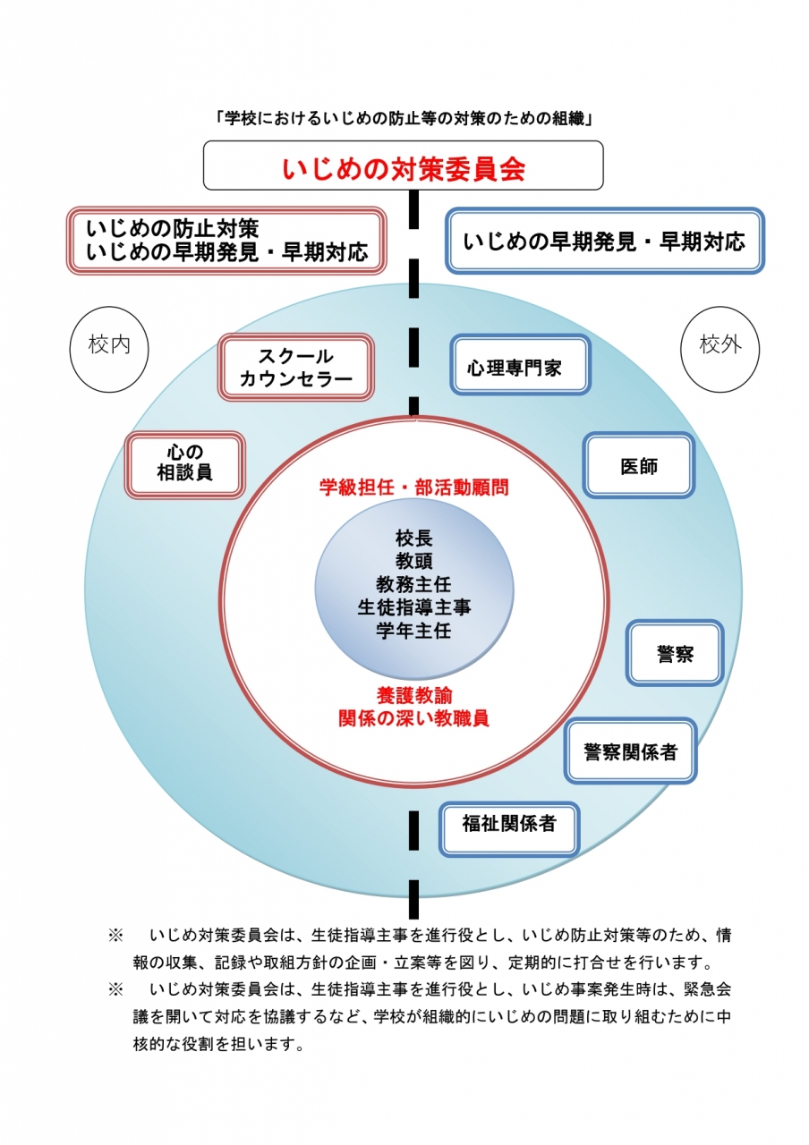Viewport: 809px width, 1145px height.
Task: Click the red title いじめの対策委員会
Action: pos(403,168)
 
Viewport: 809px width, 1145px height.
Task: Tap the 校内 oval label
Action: pos(109,345)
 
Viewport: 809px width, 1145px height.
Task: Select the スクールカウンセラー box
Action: pos(296,368)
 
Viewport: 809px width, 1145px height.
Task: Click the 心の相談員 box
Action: pos(185,463)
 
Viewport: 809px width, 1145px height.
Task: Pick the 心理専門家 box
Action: pos(520,365)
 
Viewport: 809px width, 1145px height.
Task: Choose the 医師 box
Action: pos(639,465)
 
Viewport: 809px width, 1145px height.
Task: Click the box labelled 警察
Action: pos(675,653)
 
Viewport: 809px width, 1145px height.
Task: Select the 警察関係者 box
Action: pos(630,751)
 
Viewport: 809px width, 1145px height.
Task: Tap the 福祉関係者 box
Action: pos(509,823)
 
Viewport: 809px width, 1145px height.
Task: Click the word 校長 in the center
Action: pos(413,539)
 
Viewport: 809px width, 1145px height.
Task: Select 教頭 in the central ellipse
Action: pos(413,562)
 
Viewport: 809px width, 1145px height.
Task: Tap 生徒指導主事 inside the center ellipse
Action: pos(413,607)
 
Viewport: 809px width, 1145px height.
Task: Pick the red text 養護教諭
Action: pos(413,695)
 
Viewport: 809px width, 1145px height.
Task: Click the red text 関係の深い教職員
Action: pos(413,717)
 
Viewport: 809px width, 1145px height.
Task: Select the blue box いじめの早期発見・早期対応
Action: pos(604,242)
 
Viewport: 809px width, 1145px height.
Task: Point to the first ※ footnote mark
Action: pos(115,935)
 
